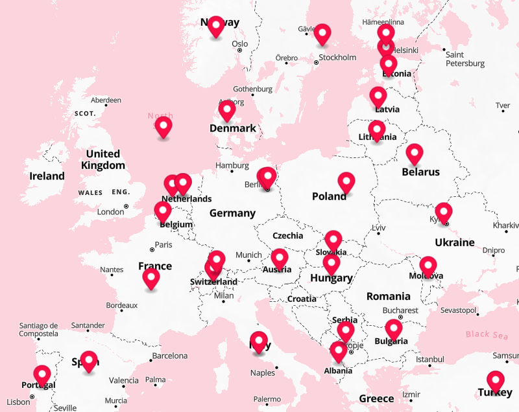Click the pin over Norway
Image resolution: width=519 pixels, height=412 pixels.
coord(216,26)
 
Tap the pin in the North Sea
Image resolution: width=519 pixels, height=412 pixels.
coord(163,126)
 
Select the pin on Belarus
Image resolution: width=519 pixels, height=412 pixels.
coord(415,154)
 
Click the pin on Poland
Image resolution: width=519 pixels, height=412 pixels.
coord(346,182)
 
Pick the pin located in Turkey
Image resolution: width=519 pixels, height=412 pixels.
coord(496,380)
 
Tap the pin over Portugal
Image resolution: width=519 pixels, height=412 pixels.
coord(42,374)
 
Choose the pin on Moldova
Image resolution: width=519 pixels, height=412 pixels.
coord(428,266)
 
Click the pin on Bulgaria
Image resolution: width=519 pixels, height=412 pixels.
coord(394,328)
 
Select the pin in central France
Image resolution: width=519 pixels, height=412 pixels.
coord(151,278)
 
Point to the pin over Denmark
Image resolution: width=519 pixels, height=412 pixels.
coord(226,110)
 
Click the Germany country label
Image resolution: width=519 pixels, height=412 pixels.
coord(232,213)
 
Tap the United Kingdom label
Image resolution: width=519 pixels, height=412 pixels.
coord(103,159)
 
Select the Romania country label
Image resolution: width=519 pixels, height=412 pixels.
coord(388,296)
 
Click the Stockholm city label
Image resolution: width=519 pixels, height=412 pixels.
coord(337,58)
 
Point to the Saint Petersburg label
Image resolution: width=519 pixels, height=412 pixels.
coord(465,59)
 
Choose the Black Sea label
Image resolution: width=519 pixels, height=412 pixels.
coord(487,334)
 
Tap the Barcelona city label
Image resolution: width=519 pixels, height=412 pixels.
coord(169,356)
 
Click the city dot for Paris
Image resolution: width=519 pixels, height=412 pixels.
coord(152,247)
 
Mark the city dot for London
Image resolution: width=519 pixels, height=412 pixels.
coord(127,207)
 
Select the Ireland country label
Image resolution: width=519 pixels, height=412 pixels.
coord(47,176)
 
